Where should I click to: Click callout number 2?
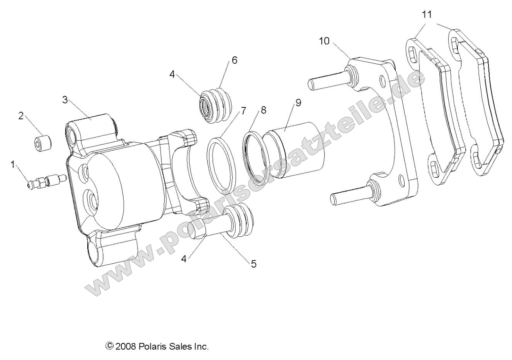pyautogui.click(x=21, y=116)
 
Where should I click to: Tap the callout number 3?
pyautogui.click(x=65, y=100)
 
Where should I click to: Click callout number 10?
pyautogui.click(x=324, y=41)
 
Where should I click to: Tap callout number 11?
pyautogui.click(x=427, y=15)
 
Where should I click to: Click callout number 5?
pyautogui.click(x=253, y=264)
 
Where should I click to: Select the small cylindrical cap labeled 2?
pyautogui.click(x=42, y=143)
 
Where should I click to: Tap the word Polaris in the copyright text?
pyautogui.click(x=152, y=346)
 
